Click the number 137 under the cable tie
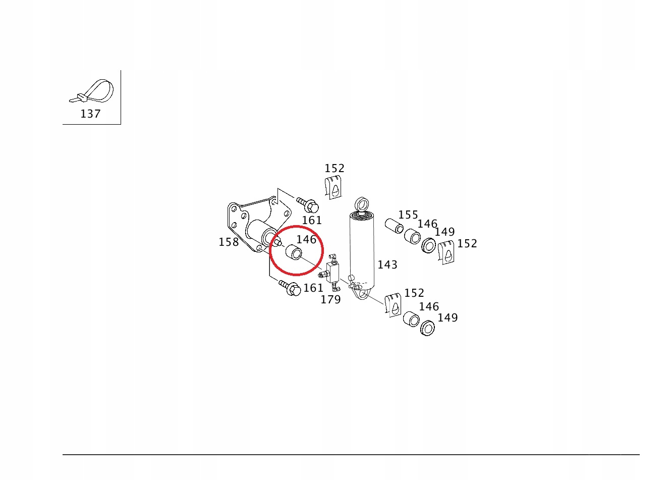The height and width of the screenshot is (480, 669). pos(90,114)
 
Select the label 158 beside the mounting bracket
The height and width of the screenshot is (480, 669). pos(229,242)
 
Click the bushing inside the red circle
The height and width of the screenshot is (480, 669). pos(294,252)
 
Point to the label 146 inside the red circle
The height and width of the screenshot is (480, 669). pos(306,239)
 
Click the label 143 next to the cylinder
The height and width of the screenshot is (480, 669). pos(387,265)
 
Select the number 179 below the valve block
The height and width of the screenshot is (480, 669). pos(330,300)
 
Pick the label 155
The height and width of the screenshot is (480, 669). pos(408,215)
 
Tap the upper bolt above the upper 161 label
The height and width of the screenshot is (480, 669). pos(308,205)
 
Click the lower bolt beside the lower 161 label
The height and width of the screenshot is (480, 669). pos(290,288)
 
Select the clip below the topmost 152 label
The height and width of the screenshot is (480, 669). pos(333,187)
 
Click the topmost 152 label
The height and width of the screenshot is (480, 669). pos(334,169)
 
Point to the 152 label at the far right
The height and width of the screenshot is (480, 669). pos(467,244)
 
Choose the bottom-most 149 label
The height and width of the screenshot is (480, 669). pos(448,318)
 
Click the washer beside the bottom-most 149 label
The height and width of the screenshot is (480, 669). pos(428,328)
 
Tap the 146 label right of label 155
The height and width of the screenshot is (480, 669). pos(427,224)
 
